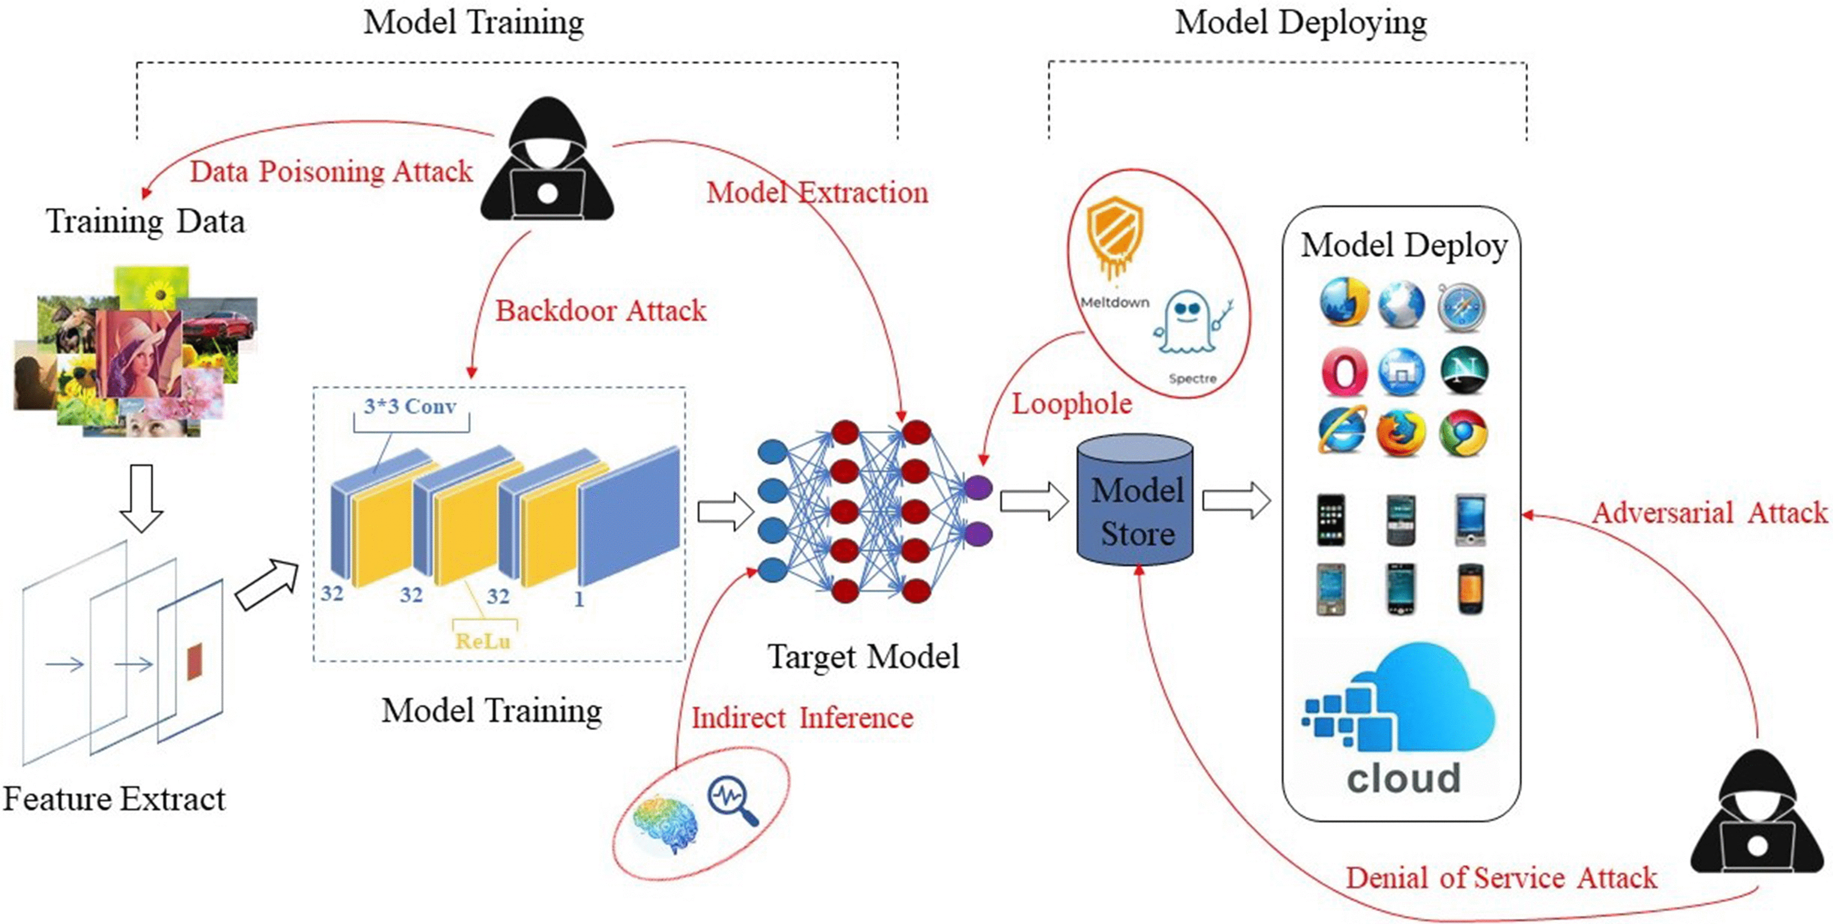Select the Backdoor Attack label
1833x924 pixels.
pos(601,311)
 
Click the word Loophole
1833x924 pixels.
pos(1072,404)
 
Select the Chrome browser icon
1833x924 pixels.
pos(1462,432)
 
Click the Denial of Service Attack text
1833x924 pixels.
pos(1501,878)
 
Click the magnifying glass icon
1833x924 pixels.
pos(732,800)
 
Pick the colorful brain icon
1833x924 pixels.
pos(667,825)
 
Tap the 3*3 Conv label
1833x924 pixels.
pos(411,407)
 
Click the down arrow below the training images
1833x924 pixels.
pos(142,498)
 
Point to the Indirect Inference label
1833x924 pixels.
pos(802,718)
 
